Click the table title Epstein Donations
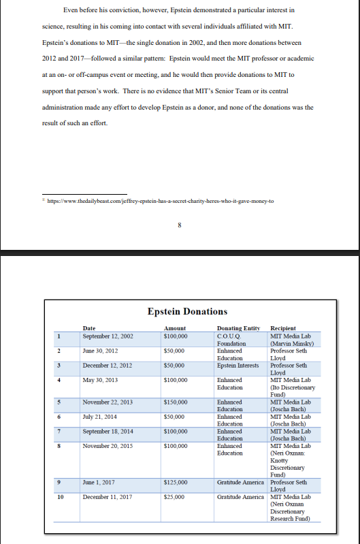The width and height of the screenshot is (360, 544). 187,311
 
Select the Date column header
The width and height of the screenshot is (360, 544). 89,328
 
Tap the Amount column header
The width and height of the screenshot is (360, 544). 175,328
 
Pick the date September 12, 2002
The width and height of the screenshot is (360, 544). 108,336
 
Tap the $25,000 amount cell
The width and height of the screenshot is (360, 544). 174,497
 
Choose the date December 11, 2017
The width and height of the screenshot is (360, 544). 108,497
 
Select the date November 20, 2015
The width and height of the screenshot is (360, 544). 108,446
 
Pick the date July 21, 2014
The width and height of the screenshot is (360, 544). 99,417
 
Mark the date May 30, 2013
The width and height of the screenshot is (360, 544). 99,380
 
